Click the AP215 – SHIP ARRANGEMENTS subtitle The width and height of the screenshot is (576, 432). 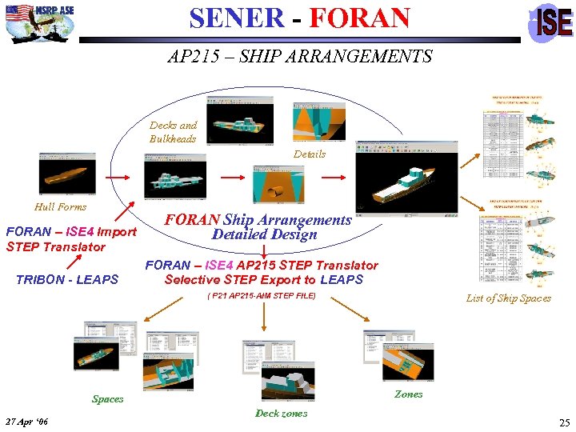tap(300, 57)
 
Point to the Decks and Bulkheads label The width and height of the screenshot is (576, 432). tap(173, 132)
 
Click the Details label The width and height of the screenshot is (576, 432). tap(310, 154)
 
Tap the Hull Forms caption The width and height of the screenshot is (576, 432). tap(61, 206)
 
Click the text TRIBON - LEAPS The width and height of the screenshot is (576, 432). tap(67, 279)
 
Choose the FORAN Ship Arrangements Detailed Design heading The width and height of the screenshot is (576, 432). tap(258, 227)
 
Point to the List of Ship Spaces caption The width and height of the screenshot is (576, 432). tap(509, 298)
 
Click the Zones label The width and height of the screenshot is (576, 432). tap(409, 394)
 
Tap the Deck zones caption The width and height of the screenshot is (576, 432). tap(281, 413)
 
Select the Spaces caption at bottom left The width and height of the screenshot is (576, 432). tap(108, 398)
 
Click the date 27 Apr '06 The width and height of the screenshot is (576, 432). tap(26, 422)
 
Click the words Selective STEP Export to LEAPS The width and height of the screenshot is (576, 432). tap(264, 280)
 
